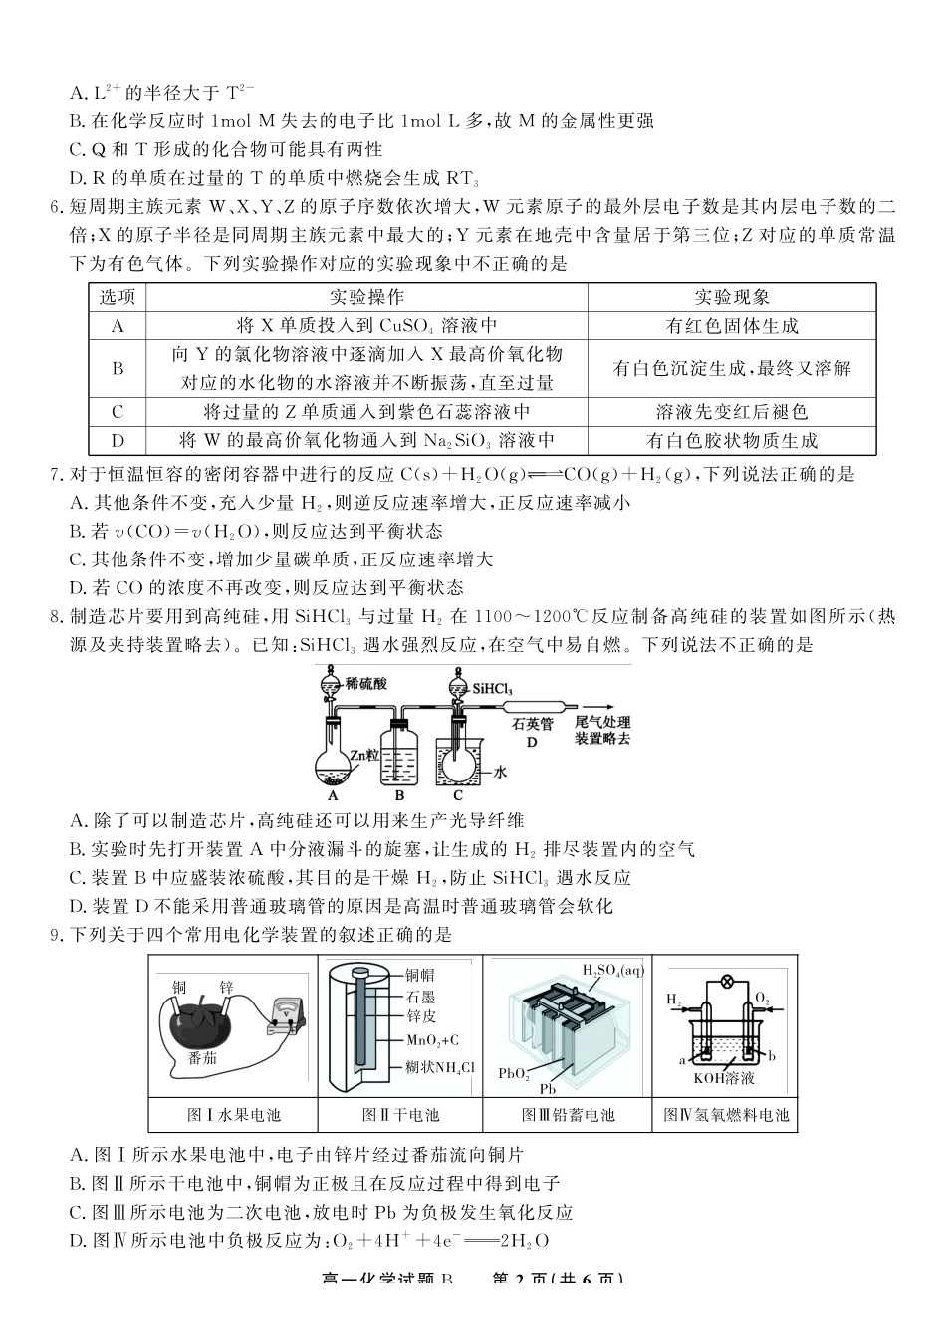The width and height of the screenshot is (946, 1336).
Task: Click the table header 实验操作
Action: [x=366, y=297]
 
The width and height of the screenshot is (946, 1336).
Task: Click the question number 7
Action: [x=56, y=475]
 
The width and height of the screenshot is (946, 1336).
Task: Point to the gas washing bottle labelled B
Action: [x=400, y=757]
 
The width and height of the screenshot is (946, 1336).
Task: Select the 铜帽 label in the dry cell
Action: [x=419, y=976]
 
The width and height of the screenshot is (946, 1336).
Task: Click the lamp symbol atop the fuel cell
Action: [x=727, y=981]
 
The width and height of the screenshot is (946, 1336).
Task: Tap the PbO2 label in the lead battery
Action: [x=513, y=1073]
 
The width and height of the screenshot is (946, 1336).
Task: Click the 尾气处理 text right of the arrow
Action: [x=603, y=723]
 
